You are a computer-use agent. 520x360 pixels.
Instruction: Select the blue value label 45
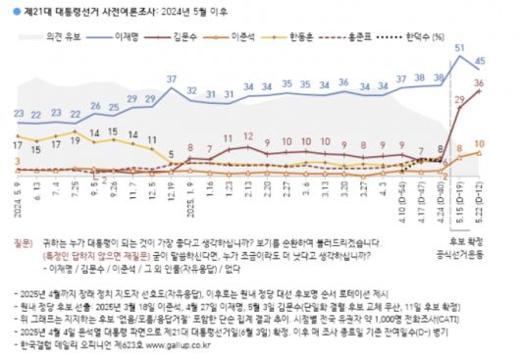point(480,61)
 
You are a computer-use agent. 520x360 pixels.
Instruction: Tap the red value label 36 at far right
point(479,84)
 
